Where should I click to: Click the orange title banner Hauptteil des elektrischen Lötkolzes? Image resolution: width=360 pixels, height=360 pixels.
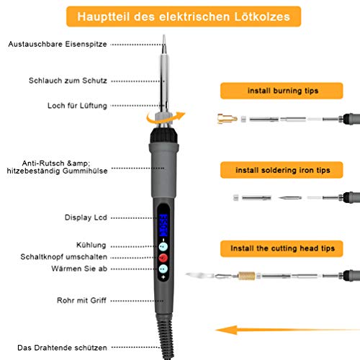point(184,17)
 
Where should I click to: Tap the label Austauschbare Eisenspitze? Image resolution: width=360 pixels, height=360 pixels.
point(58,44)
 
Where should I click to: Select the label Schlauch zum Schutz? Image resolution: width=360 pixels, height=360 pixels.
point(68,81)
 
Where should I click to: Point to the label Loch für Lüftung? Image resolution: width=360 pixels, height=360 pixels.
point(77,106)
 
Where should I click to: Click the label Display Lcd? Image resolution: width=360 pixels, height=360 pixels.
point(86,217)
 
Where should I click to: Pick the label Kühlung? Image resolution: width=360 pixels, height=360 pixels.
point(91,245)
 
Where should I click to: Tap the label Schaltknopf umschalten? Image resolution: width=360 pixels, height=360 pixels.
point(64,257)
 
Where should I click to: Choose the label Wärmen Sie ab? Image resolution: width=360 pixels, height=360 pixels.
point(79,269)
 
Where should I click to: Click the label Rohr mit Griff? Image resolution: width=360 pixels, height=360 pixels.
point(81,300)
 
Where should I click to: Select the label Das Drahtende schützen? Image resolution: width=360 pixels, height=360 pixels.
point(62,348)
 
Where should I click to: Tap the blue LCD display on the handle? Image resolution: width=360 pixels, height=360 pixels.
point(163,225)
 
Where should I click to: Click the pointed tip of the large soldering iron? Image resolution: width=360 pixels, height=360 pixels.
point(164,35)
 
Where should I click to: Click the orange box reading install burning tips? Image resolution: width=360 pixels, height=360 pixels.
point(282,91)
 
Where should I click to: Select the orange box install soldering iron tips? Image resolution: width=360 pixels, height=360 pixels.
point(282,170)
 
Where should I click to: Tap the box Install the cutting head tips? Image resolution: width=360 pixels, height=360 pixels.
point(282,248)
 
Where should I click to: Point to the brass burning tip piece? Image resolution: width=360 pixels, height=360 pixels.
point(227,119)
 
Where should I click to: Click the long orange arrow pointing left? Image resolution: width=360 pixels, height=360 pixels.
point(287,330)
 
